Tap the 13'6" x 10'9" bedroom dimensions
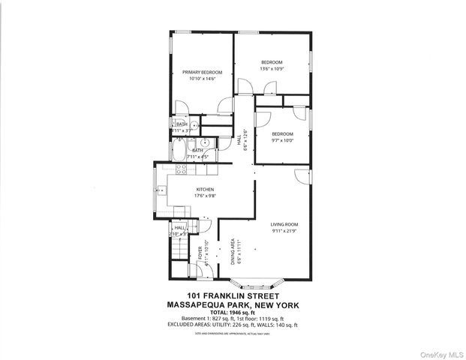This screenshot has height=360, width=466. [x=271, y=68]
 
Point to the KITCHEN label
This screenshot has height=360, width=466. [x=206, y=189]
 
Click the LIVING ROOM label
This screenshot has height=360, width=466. [x=284, y=224]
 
